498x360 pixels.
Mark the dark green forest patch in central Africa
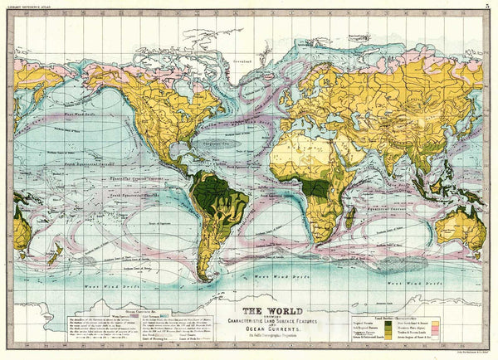[314, 187]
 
